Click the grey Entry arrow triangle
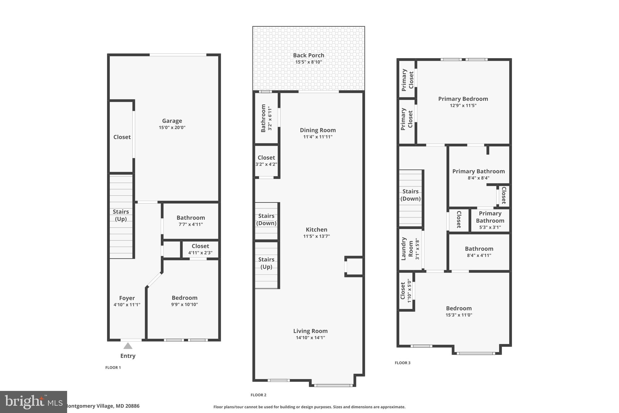(128, 346)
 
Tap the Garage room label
(172, 121)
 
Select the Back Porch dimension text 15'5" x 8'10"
(309, 62)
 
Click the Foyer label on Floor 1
(127, 298)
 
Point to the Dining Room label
(318, 130)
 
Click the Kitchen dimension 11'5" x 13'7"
(316, 236)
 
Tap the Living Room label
(310, 331)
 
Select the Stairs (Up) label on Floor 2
(266, 263)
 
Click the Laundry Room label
(407, 249)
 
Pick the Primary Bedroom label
(463, 99)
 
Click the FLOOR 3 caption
(403, 363)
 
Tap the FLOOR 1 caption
(113, 368)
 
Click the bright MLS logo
(33, 402)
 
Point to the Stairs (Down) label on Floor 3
(410, 195)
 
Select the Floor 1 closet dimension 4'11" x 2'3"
(200, 253)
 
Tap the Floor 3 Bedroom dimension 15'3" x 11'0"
(459, 315)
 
